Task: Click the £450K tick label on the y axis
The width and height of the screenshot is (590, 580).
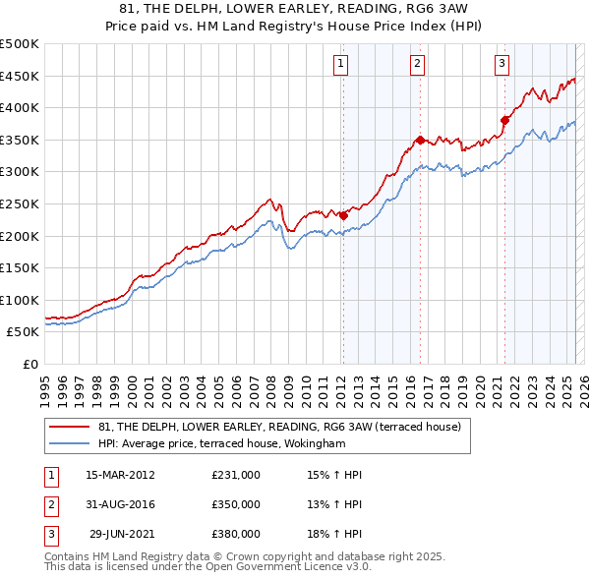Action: pos(20,76)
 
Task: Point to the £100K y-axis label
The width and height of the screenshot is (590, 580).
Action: pos(20,300)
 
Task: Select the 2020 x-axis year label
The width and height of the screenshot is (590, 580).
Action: pos(479,382)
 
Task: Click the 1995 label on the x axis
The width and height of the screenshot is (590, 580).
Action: pos(44,382)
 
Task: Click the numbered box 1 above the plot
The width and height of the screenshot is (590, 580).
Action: pos(340,64)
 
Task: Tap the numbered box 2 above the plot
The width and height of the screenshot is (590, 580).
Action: pos(417,64)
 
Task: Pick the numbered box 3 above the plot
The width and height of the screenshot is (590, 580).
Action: pos(501,64)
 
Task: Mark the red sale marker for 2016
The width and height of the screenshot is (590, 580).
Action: pos(420,140)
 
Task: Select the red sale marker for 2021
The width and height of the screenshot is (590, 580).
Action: pos(504,120)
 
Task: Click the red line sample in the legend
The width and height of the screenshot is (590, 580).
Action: pos(69,427)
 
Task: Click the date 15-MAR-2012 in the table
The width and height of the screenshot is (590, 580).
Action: pos(120,475)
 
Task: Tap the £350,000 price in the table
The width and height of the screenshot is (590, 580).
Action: pos(236,504)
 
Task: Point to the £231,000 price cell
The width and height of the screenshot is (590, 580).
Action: pos(236,475)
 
